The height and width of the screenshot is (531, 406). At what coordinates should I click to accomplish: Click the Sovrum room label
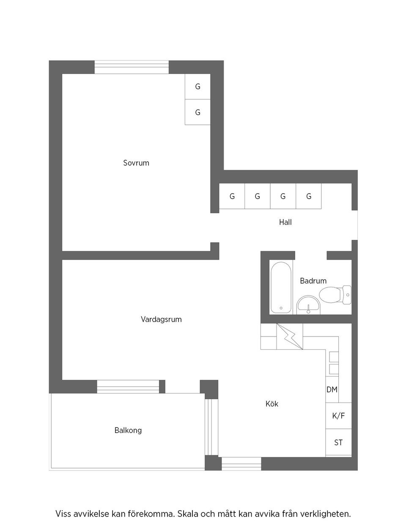click(136, 163)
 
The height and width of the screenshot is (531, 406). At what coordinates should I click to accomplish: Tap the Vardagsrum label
click(161, 319)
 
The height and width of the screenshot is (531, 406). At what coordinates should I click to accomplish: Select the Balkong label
click(128, 430)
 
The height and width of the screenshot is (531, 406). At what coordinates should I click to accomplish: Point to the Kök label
click(272, 404)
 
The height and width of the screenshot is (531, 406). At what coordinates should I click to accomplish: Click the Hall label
click(285, 222)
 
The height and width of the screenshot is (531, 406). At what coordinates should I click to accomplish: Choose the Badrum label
click(313, 281)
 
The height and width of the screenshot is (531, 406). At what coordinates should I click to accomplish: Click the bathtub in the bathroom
click(281, 287)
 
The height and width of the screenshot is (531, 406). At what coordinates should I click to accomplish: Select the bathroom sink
click(309, 304)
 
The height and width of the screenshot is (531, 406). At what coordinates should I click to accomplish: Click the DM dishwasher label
click(332, 389)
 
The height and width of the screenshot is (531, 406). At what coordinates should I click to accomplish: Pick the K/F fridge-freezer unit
click(338, 416)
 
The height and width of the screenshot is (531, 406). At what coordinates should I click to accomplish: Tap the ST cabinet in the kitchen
click(338, 443)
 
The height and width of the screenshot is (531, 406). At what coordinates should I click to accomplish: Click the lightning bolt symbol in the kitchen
click(290, 337)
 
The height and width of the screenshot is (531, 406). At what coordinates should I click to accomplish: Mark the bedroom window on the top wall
click(132, 67)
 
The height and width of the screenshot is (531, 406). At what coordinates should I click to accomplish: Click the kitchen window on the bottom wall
click(241, 464)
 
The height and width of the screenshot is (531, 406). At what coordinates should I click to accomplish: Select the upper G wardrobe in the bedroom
click(198, 87)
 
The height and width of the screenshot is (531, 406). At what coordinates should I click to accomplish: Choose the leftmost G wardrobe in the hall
click(232, 196)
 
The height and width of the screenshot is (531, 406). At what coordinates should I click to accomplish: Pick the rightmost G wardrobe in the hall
click(309, 196)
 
